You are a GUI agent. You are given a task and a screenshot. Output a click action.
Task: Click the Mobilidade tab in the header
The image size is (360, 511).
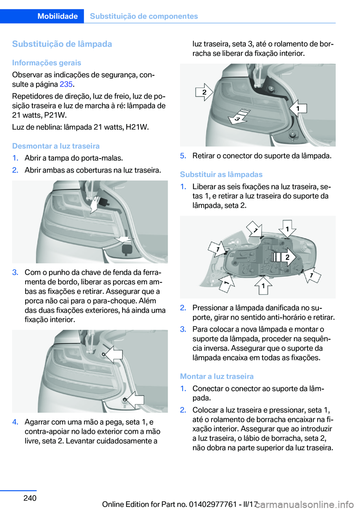click(x=57, y=16)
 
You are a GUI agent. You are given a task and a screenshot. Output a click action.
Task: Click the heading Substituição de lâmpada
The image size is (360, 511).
click(x=62, y=44)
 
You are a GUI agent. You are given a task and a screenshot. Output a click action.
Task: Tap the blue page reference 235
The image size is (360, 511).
click(x=66, y=84)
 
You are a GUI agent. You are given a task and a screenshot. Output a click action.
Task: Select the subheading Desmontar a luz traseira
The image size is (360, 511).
click(x=56, y=146)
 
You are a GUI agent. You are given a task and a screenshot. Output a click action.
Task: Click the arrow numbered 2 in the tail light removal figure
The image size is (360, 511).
click(x=204, y=92)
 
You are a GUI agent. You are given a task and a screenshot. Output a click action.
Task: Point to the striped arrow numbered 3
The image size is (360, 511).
click(x=239, y=117)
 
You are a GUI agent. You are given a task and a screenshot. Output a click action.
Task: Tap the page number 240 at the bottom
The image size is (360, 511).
click(x=30, y=497)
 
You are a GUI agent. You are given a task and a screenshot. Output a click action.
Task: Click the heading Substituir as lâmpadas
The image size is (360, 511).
click(x=221, y=174)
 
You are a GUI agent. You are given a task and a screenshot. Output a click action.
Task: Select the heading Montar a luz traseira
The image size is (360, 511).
click(x=217, y=376)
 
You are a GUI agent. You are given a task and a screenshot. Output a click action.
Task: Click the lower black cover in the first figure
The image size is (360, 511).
click(x=127, y=249)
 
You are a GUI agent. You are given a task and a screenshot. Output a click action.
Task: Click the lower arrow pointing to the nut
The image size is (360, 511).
click(x=135, y=400)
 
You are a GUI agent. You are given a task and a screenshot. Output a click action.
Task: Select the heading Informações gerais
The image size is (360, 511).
click(x=46, y=63)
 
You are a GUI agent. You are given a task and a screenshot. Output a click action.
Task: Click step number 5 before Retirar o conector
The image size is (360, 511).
click(x=183, y=156)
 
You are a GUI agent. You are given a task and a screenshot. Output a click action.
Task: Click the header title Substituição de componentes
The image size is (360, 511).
click(x=144, y=16)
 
